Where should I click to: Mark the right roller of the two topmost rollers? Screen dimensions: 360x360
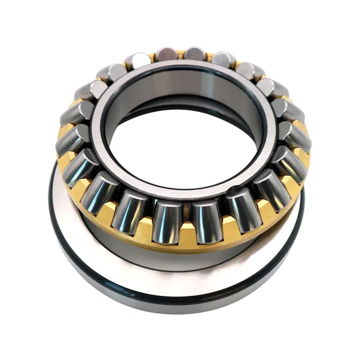click(x=194, y=53)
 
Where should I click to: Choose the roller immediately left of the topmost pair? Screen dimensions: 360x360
click(x=138, y=61)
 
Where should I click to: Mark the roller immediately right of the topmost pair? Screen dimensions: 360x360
click(x=223, y=60)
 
